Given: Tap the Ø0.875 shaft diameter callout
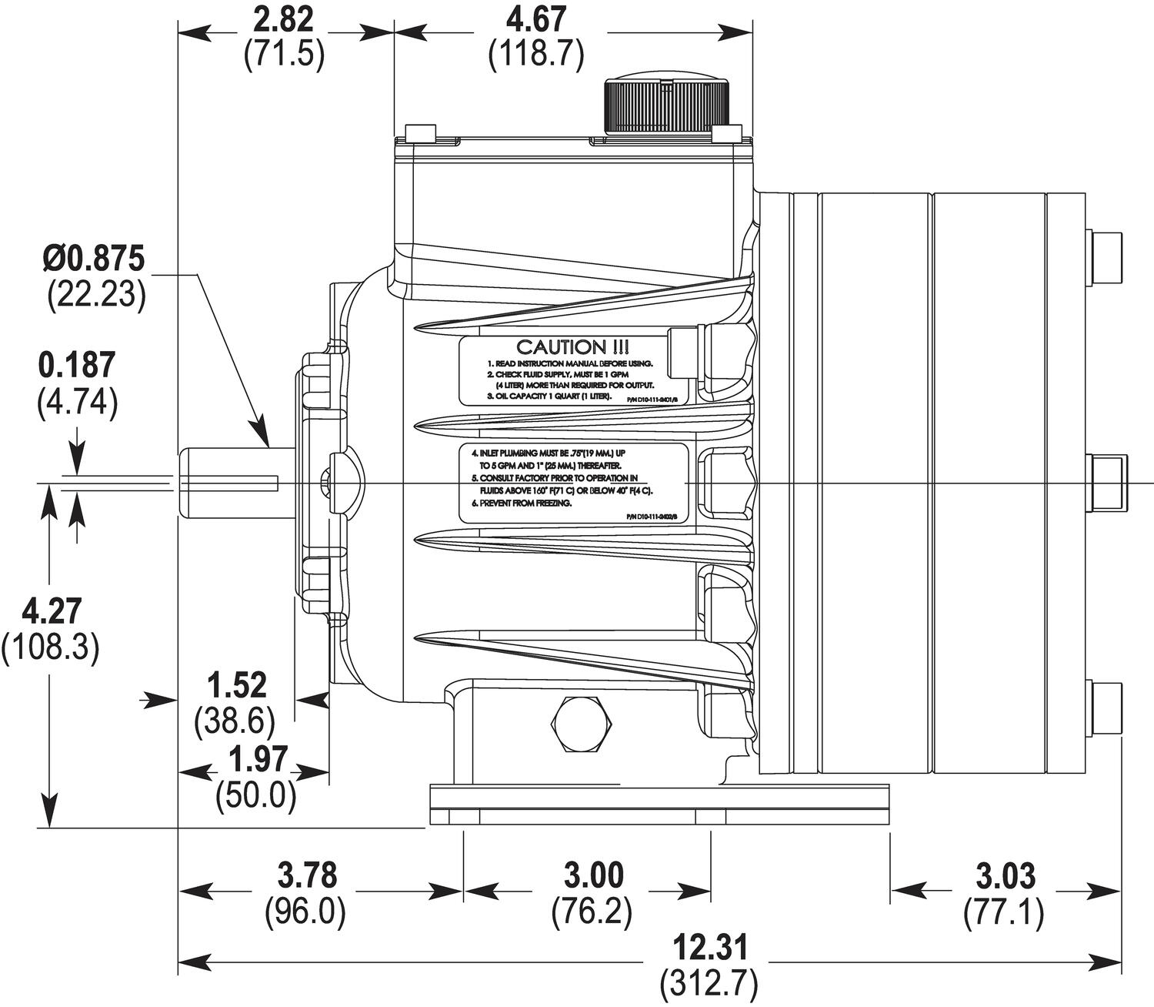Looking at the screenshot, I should click(x=94, y=259).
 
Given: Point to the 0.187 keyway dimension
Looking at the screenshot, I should click(x=77, y=366).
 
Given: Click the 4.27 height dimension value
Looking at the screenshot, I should click(x=51, y=612).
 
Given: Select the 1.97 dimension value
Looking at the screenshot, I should click(x=256, y=760).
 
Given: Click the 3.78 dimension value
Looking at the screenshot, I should click(x=305, y=876).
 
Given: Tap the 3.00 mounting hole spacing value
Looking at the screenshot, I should click(x=592, y=876).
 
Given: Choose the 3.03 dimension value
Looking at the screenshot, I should click(x=1005, y=876).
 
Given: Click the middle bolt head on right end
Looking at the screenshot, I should click(x=1106, y=483).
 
